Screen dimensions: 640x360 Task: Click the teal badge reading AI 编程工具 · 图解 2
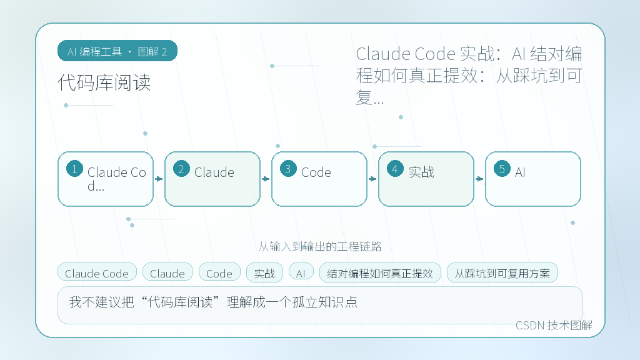(x=117, y=51)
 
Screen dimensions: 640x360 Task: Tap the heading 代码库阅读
(x=104, y=83)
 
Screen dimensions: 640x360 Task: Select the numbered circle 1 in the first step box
(x=75, y=169)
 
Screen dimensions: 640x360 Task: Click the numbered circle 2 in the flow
(x=181, y=169)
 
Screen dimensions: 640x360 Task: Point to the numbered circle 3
(x=288, y=169)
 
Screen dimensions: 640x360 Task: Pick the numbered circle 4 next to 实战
(x=395, y=169)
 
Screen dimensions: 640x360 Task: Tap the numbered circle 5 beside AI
(x=502, y=169)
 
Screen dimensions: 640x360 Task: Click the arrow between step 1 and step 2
(x=159, y=179)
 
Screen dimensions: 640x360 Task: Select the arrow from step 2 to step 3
(x=266, y=179)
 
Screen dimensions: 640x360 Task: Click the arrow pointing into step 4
(x=372, y=179)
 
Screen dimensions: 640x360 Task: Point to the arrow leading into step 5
(x=479, y=179)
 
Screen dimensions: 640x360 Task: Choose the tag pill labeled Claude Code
(x=97, y=272)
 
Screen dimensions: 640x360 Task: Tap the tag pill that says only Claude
(x=167, y=272)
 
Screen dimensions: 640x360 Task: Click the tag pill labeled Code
(x=219, y=272)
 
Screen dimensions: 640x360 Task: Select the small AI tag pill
(x=301, y=272)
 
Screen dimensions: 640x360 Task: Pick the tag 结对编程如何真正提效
(x=380, y=272)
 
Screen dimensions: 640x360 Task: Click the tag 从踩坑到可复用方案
(x=502, y=272)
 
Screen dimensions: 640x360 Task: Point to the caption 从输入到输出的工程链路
(x=320, y=246)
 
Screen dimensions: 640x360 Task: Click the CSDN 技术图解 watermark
(x=554, y=325)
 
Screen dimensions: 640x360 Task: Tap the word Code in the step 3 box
(x=316, y=172)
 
